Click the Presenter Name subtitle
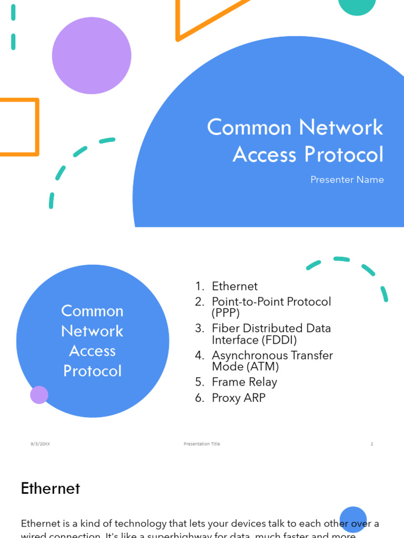pyautogui.click(x=347, y=180)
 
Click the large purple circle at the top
pyautogui.click(x=92, y=56)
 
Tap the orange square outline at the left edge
pyautogui.click(x=19, y=127)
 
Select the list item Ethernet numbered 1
pyautogui.click(x=235, y=286)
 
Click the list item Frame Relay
pyautogui.click(x=244, y=382)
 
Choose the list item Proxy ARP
pyautogui.click(x=238, y=398)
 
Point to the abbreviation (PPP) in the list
pyautogui.click(x=226, y=313)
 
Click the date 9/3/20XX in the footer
pyautogui.click(x=40, y=444)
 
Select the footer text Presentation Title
pyautogui.click(x=202, y=444)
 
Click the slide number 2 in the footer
pyautogui.click(x=371, y=444)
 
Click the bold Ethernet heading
pyautogui.click(x=50, y=489)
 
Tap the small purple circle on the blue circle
pyautogui.click(x=39, y=395)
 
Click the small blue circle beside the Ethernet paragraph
pyautogui.click(x=353, y=519)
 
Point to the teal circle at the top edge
pyautogui.click(x=357, y=5)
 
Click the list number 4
pyautogui.click(x=199, y=356)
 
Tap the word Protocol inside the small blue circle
pyautogui.click(x=93, y=371)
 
